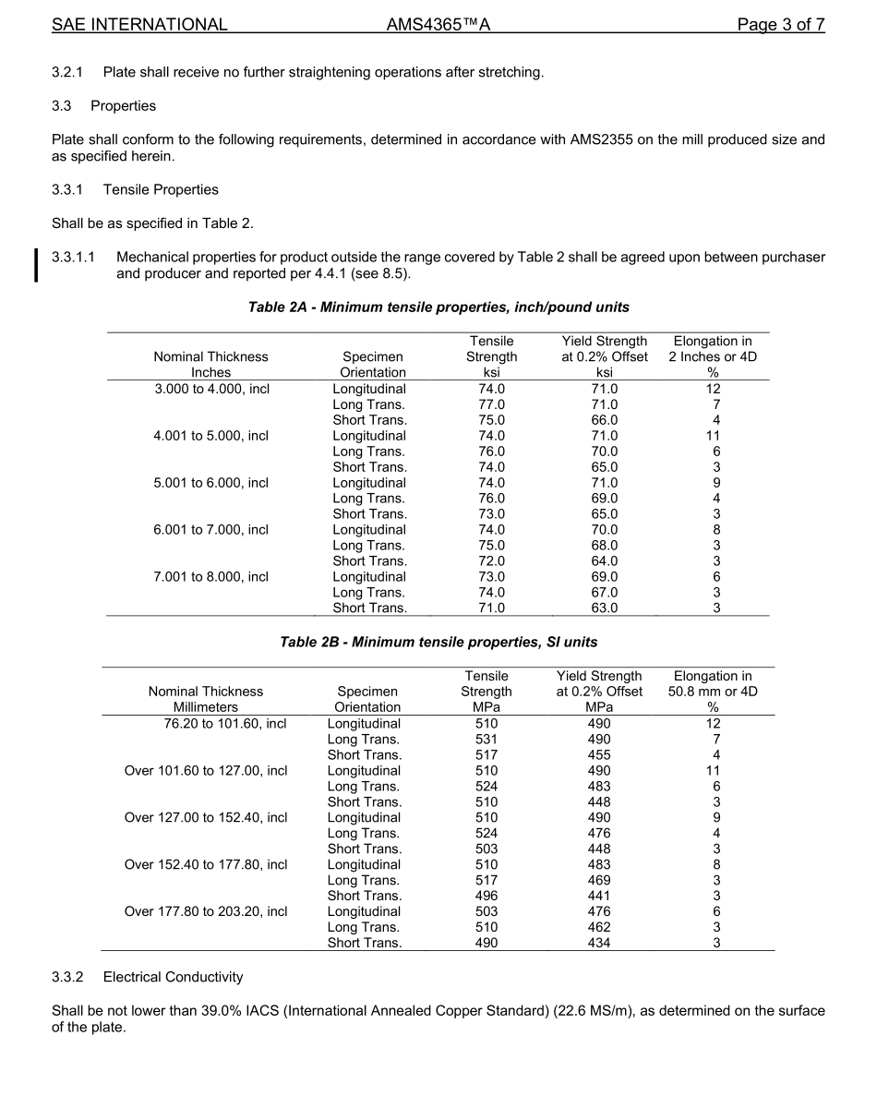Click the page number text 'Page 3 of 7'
click(780, 25)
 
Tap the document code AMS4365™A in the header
click(438, 25)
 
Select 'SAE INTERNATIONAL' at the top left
click(139, 25)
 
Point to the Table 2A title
click(438, 307)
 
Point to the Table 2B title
click(438, 642)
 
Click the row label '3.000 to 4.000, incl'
click(211, 389)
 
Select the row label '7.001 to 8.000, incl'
click(211, 577)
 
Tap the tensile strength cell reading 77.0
click(491, 404)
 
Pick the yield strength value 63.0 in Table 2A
click(604, 608)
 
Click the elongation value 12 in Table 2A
click(713, 389)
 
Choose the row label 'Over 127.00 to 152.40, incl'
click(206, 817)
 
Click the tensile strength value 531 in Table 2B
click(486, 739)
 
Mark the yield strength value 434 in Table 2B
click(598, 943)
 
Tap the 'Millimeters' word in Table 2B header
click(205, 707)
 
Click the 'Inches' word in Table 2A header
click(210, 372)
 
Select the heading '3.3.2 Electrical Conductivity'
click(148, 977)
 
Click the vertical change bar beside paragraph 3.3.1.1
click(37, 265)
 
